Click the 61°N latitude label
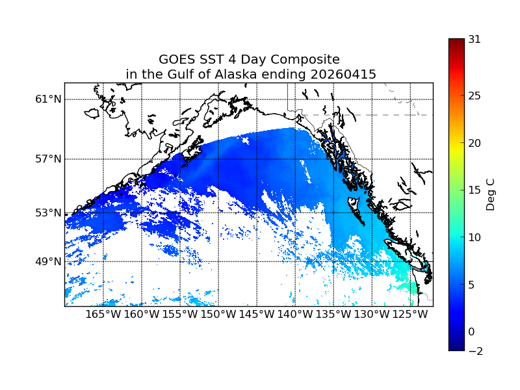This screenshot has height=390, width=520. click(x=48, y=99)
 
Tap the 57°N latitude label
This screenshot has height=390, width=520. click(x=48, y=159)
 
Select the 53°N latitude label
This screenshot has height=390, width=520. click(x=48, y=213)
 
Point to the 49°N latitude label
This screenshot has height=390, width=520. click(x=48, y=261)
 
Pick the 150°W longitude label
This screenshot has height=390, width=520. click(x=218, y=315)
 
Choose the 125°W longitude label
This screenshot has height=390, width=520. click(x=410, y=315)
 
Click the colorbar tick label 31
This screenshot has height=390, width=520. click(x=474, y=39)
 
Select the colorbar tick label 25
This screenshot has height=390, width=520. click(x=474, y=96)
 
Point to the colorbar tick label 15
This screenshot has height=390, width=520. click(x=474, y=190)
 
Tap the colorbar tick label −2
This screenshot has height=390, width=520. click(x=474, y=351)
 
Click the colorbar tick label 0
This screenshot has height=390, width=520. click(x=471, y=331)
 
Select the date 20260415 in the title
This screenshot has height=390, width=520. click(x=346, y=75)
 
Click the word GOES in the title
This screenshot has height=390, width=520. click(x=177, y=59)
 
